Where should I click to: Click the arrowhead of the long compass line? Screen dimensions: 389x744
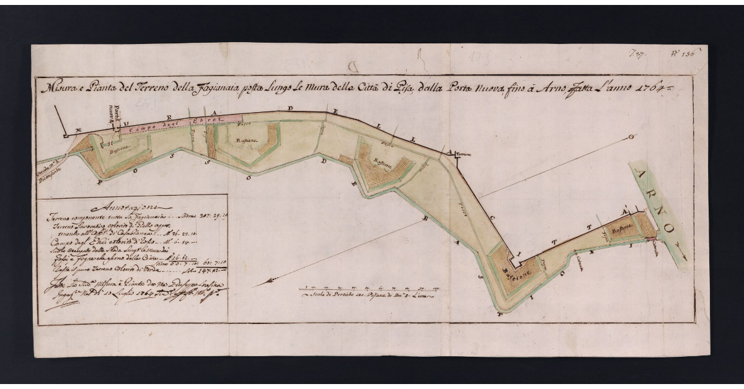[x=256, y=284]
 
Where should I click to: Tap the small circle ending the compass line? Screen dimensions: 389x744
[x=631, y=137]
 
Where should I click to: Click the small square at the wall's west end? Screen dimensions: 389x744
[x=64, y=136]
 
